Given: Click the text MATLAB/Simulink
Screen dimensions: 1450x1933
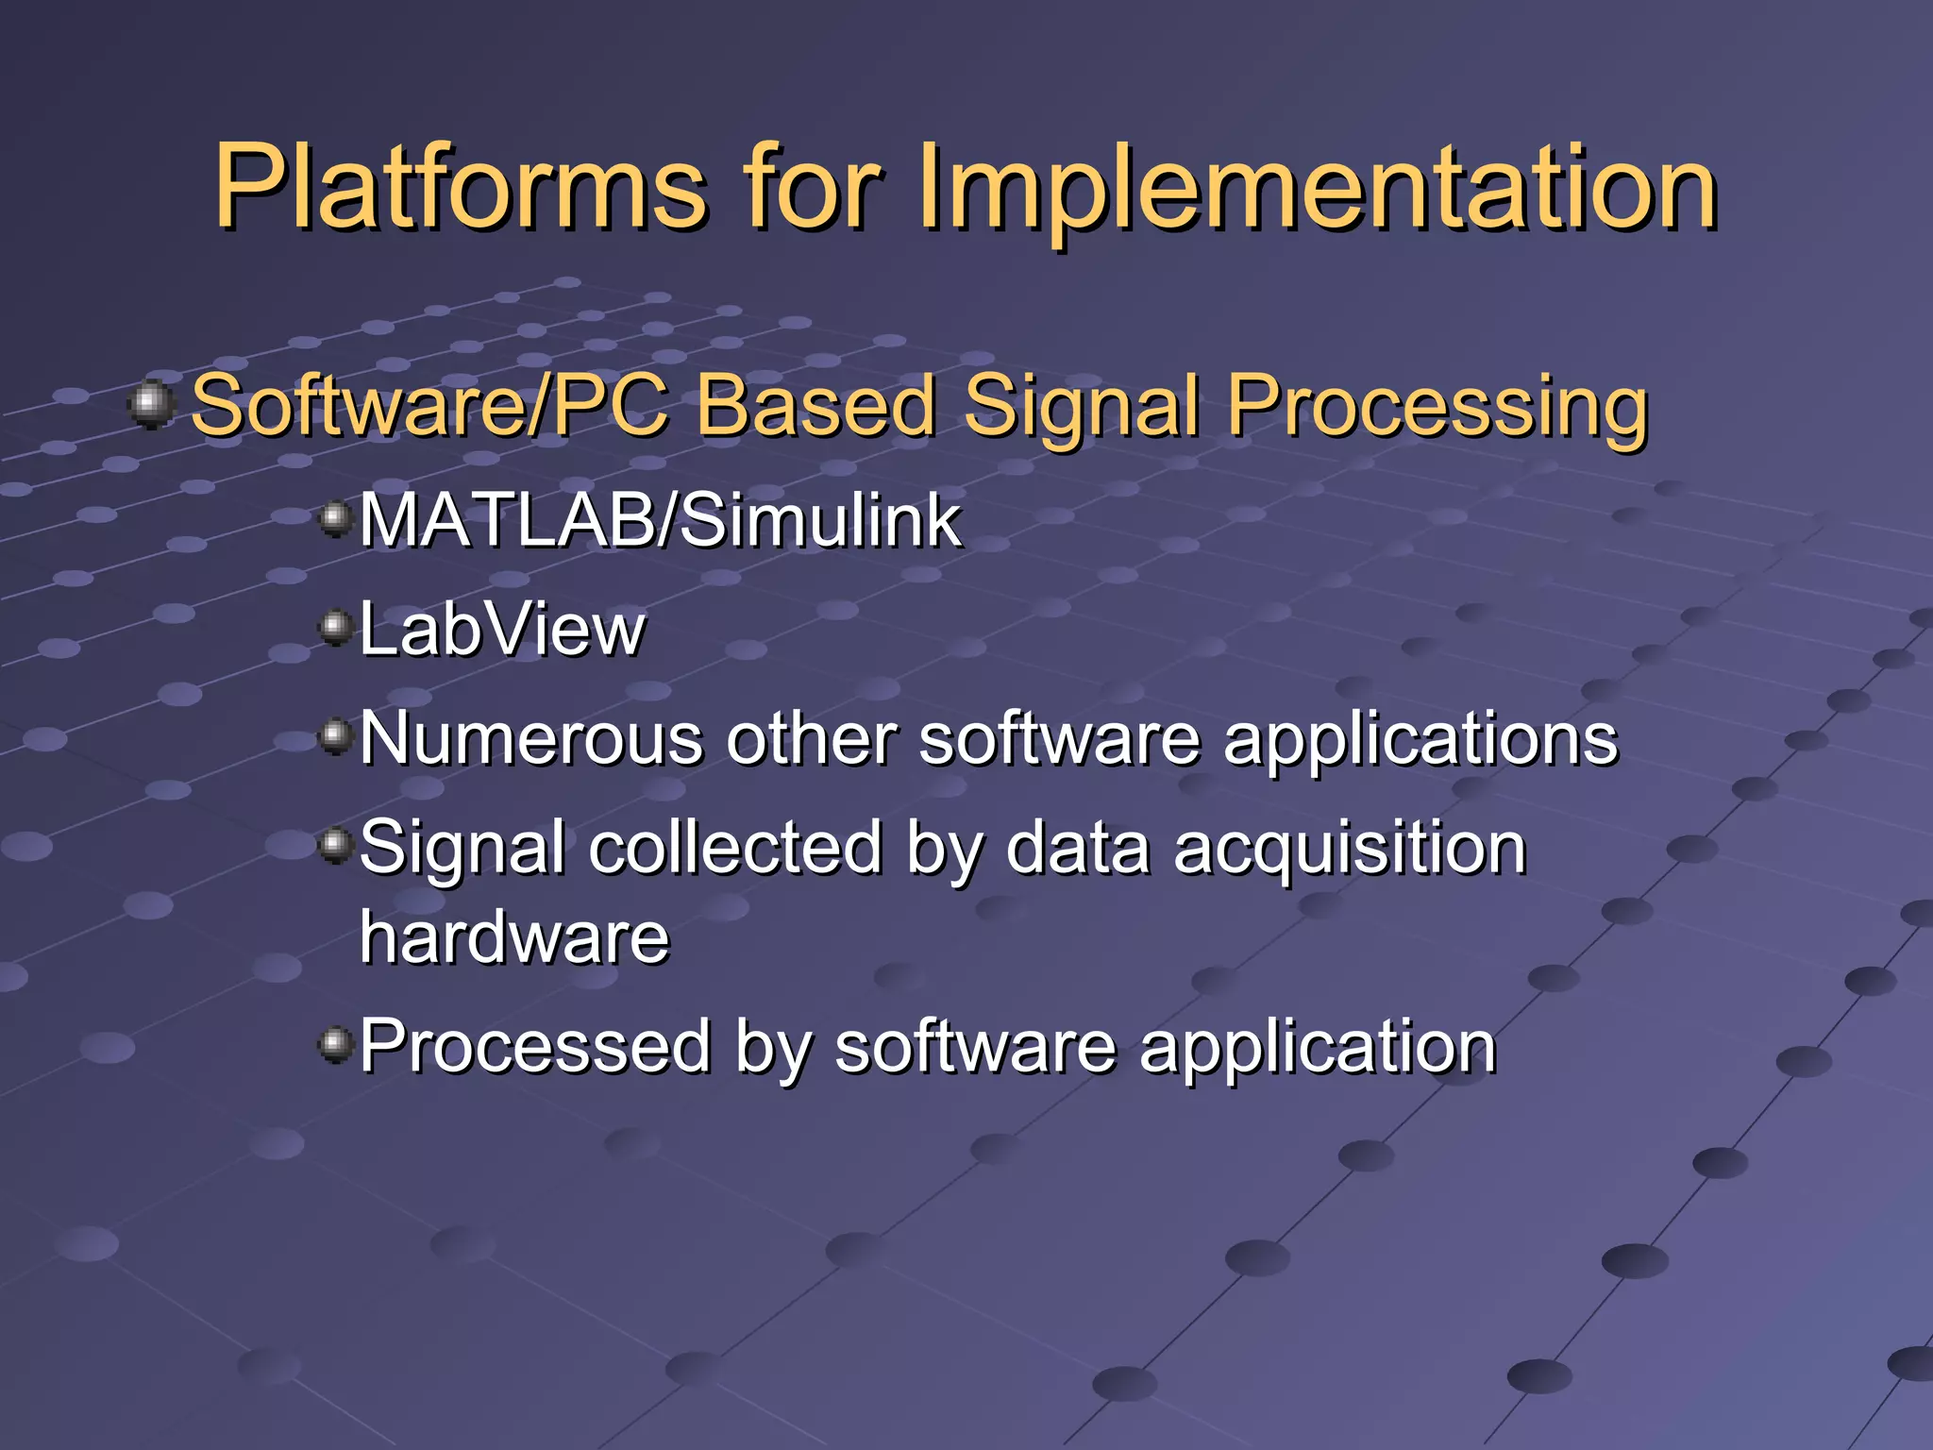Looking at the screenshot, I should point(659,520).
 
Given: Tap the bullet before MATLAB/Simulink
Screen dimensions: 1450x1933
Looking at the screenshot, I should point(335,519).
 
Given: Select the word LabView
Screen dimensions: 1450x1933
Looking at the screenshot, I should point(502,630).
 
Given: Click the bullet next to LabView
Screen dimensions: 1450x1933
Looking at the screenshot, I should point(335,627).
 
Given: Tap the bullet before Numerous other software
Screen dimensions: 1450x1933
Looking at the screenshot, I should point(335,735).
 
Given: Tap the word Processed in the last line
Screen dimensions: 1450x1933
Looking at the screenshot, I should point(535,1046).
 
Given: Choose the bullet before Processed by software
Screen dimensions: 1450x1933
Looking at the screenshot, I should point(335,1044).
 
